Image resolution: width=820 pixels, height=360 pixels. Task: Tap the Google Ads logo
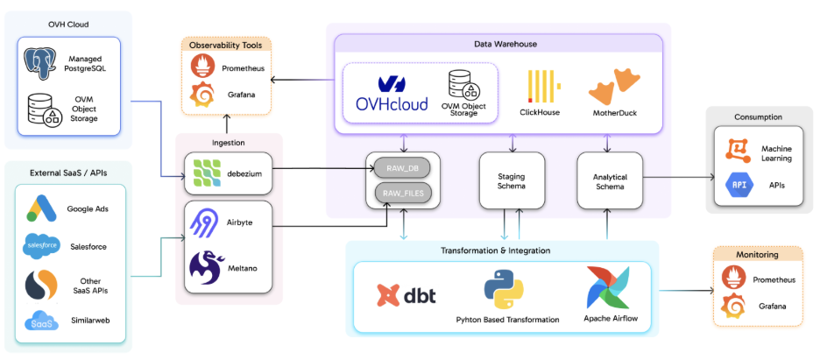click(x=41, y=208)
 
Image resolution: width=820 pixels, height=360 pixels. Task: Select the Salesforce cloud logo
click(x=41, y=247)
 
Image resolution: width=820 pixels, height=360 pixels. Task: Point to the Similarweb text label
click(x=88, y=321)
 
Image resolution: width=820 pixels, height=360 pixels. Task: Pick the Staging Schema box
click(x=512, y=180)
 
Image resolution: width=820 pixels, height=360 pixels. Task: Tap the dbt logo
click(x=408, y=294)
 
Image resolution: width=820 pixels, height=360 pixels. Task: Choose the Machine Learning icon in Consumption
click(x=738, y=152)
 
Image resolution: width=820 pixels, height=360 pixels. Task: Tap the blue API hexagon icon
click(x=738, y=185)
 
